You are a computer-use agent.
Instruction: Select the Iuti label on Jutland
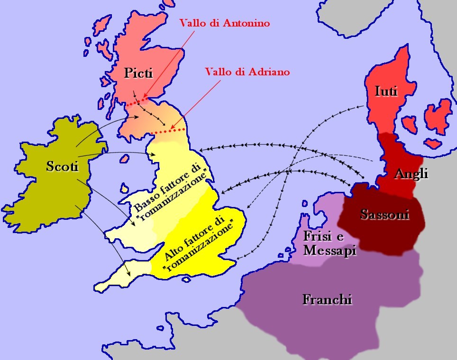point(385,91)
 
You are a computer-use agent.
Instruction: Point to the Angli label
point(411,174)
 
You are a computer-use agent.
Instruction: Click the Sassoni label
point(384,214)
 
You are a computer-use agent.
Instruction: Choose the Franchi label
point(327,299)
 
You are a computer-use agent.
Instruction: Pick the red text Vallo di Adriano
point(247,72)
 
